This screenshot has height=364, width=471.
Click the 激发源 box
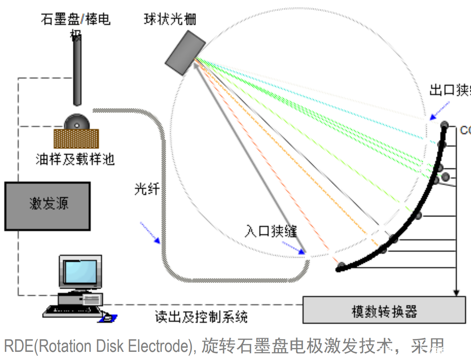coord(47,206)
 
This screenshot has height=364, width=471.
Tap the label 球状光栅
coord(170,19)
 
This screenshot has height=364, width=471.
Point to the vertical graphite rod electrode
coord(77,72)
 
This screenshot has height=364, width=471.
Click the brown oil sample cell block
coord(76,139)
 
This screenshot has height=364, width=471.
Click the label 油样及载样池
coord(75,159)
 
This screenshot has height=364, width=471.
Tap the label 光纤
coord(147,189)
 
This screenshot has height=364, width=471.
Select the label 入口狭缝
coord(271,231)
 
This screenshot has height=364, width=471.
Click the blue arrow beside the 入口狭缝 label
coord(294,247)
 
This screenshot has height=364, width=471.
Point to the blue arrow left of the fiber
coord(150,233)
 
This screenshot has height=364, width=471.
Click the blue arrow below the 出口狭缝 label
coord(440,111)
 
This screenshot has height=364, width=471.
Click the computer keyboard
coord(72,311)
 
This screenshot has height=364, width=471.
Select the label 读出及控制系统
coord(201,317)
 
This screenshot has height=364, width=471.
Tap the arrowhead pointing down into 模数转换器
coord(456,293)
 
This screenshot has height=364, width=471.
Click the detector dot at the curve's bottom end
coord(341,266)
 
